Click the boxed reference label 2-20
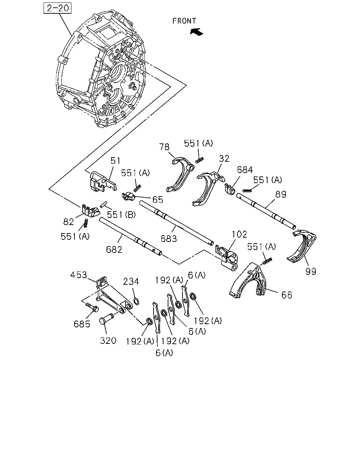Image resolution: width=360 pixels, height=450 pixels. [58, 8]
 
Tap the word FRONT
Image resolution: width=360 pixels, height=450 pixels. [184, 21]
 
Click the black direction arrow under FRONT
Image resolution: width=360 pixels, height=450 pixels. [197, 32]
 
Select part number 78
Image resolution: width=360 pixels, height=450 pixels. [164, 147]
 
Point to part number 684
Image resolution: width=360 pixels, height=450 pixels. [245, 169]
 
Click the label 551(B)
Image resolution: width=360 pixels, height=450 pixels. [121, 214]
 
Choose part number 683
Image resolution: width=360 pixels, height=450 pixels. [169, 239]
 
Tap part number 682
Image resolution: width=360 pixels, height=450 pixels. [114, 250]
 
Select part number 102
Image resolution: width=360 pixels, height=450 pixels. [239, 234]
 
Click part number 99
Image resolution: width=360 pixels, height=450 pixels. [311, 272]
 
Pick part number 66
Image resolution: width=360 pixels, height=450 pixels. [287, 295]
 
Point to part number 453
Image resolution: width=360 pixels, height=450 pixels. [78, 275]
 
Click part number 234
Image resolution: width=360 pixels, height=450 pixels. [131, 282]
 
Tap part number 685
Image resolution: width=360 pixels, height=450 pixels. [82, 324]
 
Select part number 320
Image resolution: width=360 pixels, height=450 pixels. [108, 341]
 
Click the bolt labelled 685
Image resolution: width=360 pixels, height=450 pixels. [92, 308]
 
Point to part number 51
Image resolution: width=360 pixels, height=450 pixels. [115, 161]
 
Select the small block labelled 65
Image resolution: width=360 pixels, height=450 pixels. [128, 197]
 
